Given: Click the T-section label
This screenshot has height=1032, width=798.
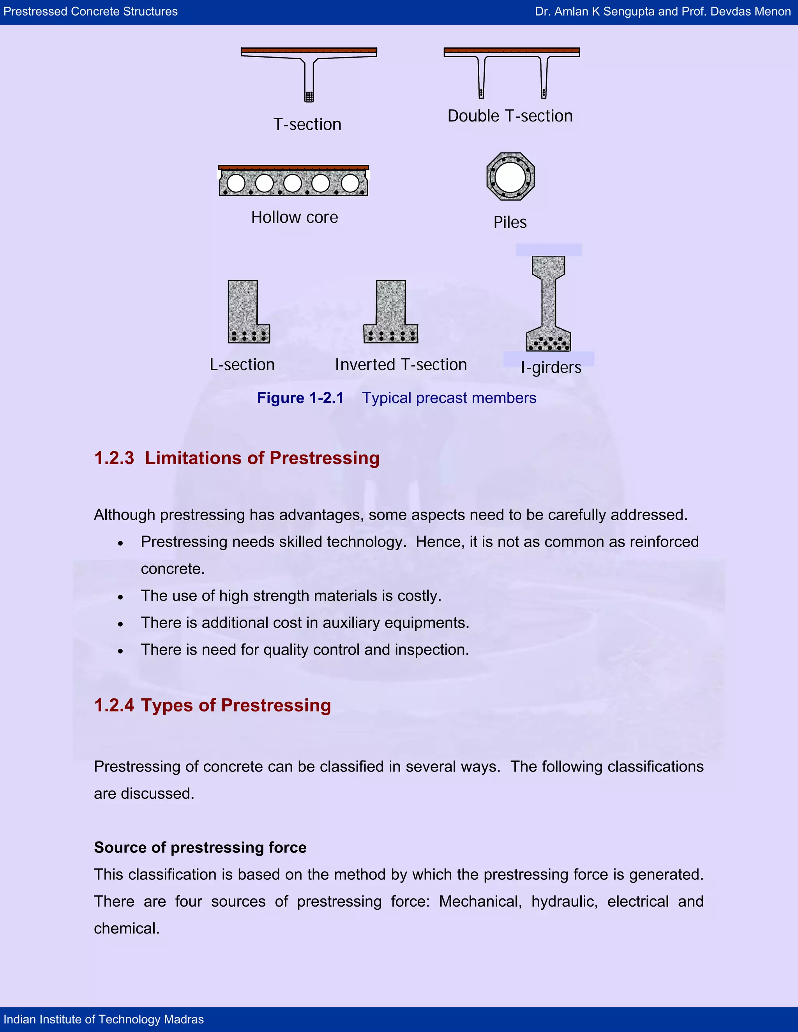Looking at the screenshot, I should [x=307, y=124].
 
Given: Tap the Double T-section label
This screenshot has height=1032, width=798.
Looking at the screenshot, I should [x=510, y=116].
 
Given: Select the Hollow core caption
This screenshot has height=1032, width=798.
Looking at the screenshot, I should [x=295, y=217].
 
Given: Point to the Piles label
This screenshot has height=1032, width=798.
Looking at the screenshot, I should [x=510, y=222].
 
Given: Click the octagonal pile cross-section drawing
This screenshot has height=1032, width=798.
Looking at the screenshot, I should [x=510, y=176].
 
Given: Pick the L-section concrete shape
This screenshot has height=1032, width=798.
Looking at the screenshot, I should [x=243, y=312].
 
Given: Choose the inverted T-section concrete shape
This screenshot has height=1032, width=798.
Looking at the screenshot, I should [x=390, y=312].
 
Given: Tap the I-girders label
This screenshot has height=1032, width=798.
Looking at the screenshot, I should [x=551, y=367].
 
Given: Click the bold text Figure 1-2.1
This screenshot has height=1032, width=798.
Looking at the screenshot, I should [x=300, y=398].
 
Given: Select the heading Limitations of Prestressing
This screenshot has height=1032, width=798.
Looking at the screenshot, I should [x=262, y=458].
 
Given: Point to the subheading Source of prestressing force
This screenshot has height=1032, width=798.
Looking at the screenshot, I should [x=200, y=847].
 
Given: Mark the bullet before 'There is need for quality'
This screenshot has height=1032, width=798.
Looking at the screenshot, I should [x=120, y=651].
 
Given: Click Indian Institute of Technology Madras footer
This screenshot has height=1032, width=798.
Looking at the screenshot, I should [x=104, y=1019].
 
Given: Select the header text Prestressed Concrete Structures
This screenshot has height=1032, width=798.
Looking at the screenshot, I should [x=90, y=12].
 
